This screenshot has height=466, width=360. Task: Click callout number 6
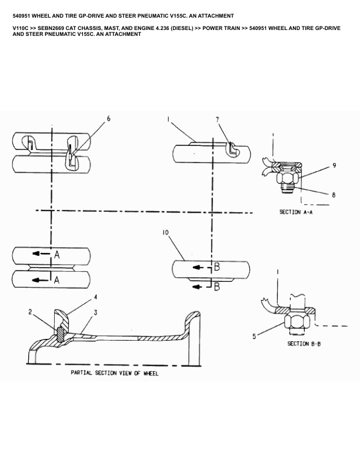pos(108,119)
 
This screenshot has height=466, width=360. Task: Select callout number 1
pos(168,119)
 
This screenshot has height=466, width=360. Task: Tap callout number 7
pos(218,119)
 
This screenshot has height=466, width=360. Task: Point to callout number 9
pos(334,165)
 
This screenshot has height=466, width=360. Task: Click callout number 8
pos(334,195)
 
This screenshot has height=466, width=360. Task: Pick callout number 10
pos(165,232)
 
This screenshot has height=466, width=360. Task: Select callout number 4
pos(96,297)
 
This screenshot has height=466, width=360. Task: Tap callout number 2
pos(30,312)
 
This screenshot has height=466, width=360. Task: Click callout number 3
pos(96,312)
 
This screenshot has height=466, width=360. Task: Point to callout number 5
pos(254,337)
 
